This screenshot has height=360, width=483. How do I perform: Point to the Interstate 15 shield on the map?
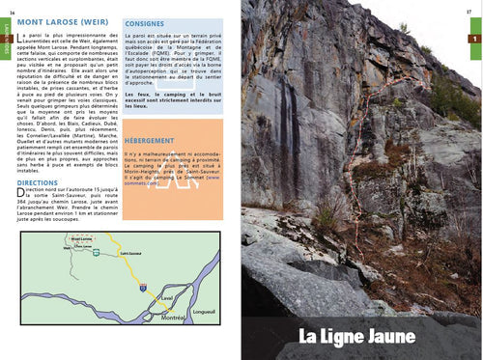click(x=142, y=288)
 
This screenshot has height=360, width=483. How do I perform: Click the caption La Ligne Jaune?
click(x=356, y=336)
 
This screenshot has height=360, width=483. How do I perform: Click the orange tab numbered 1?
click(x=473, y=39)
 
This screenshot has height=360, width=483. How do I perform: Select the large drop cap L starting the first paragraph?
click(x=20, y=34)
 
